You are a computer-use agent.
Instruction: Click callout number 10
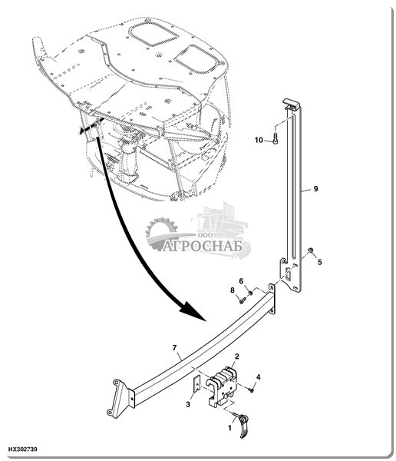tap(259, 140)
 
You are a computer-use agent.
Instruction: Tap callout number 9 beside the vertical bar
tap(315, 188)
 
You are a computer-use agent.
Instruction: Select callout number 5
tap(319, 262)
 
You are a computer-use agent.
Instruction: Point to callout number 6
tap(241, 281)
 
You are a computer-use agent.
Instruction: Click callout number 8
tap(233, 290)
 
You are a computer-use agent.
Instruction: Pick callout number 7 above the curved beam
tap(174, 348)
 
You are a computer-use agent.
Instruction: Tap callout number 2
tap(237, 357)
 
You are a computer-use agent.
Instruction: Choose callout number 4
tap(258, 377)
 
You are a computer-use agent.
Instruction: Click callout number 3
tap(188, 404)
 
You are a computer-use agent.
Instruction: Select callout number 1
tap(229, 428)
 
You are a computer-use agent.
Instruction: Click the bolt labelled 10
tap(276, 138)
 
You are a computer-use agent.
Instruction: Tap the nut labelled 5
tap(310, 250)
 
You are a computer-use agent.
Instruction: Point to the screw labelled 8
tap(242, 300)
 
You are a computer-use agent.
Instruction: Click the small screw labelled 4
tap(251, 390)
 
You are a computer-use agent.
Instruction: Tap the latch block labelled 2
tap(222, 386)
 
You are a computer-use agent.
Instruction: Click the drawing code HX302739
tap(22, 449)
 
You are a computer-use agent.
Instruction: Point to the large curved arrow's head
tap(192, 310)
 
